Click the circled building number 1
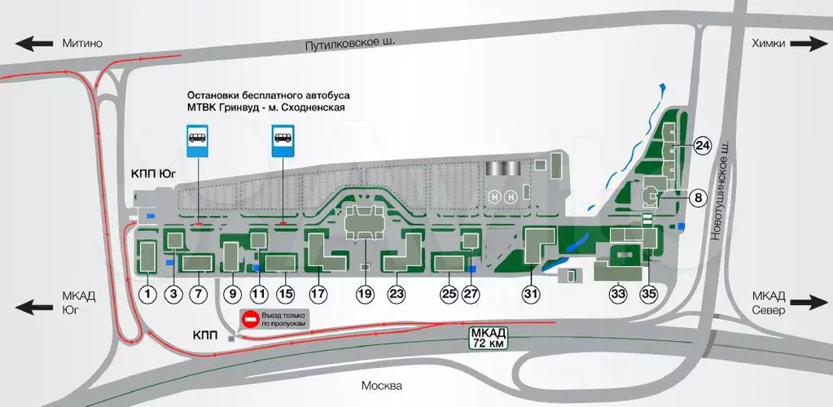[x=147, y=294]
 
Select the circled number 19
[x=364, y=294]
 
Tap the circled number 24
[x=703, y=147]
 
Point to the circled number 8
[x=698, y=196]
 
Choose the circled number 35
[x=649, y=293]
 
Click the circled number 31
[x=533, y=294]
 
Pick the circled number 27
[x=471, y=294]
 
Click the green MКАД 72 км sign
[x=489, y=336]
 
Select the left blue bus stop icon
[x=198, y=139]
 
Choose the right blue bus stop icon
[x=283, y=139]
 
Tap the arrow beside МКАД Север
[x=809, y=302]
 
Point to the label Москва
[x=382, y=385]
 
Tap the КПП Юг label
[x=153, y=173]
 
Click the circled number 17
[x=318, y=294]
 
